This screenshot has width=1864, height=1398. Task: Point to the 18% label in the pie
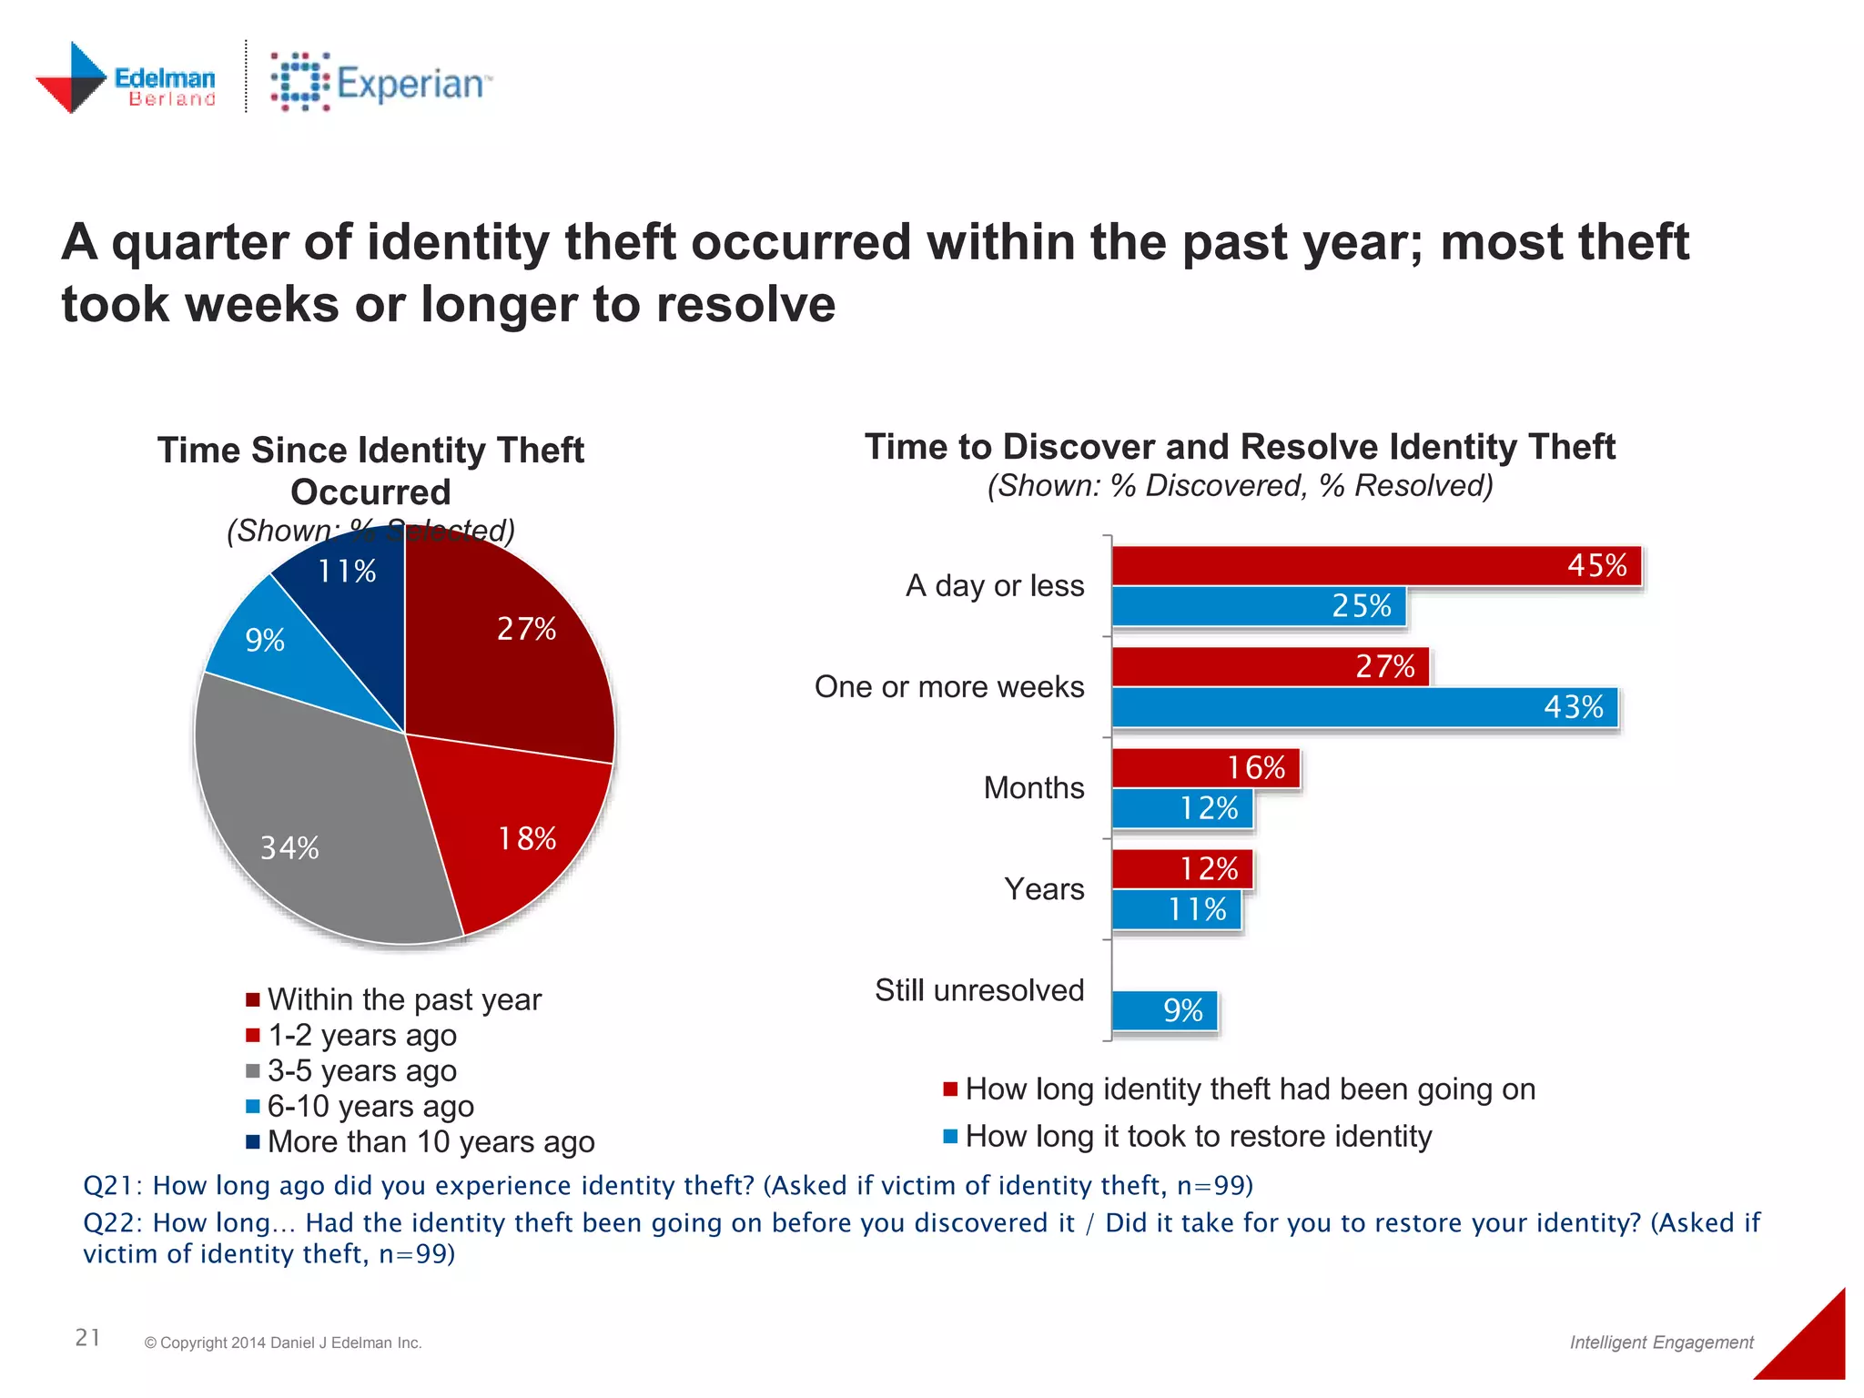click(x=527, y=838)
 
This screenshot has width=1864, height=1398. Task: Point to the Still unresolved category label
click(x=979, y=990)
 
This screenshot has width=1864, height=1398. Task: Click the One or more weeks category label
click(x=949, y=686)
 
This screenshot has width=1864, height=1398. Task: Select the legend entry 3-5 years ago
click(x=361, y=1071)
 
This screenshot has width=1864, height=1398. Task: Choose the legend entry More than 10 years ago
click(x=431, y=1142)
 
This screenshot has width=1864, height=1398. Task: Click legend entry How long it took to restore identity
click(x=1198, y=1137)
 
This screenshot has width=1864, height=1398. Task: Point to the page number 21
click(x=87, y=1337)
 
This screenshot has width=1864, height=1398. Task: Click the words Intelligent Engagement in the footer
click(x=1661, y=1342)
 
